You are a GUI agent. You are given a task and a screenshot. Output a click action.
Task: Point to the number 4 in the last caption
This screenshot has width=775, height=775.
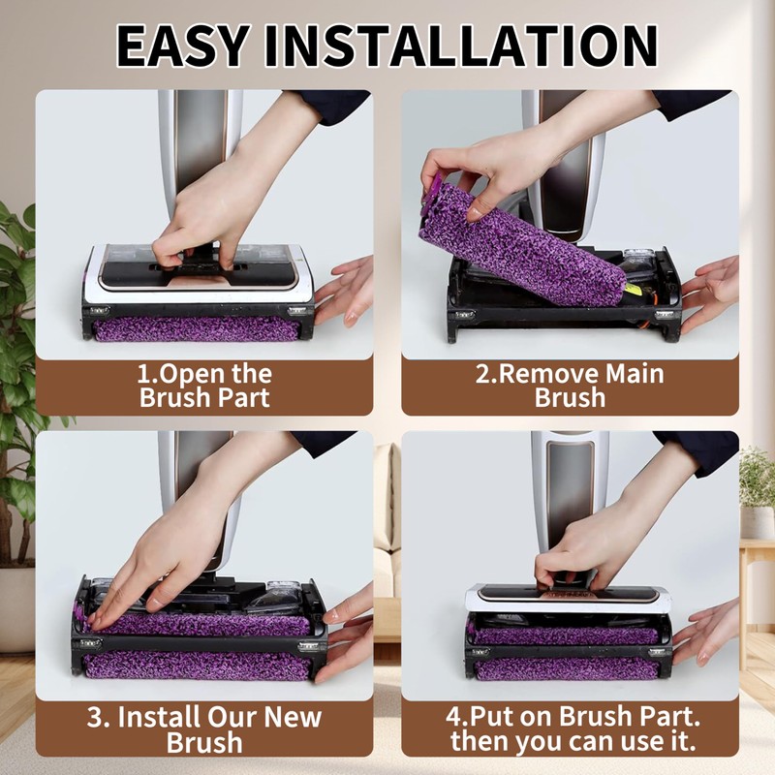pyautogui.click(x=456, y=718)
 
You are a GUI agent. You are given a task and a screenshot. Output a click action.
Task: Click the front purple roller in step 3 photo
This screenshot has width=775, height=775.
pyautogui.click(x=199, y=666)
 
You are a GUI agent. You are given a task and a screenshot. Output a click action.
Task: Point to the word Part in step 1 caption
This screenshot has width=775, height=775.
pyautogui.click(x=242, y=398)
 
